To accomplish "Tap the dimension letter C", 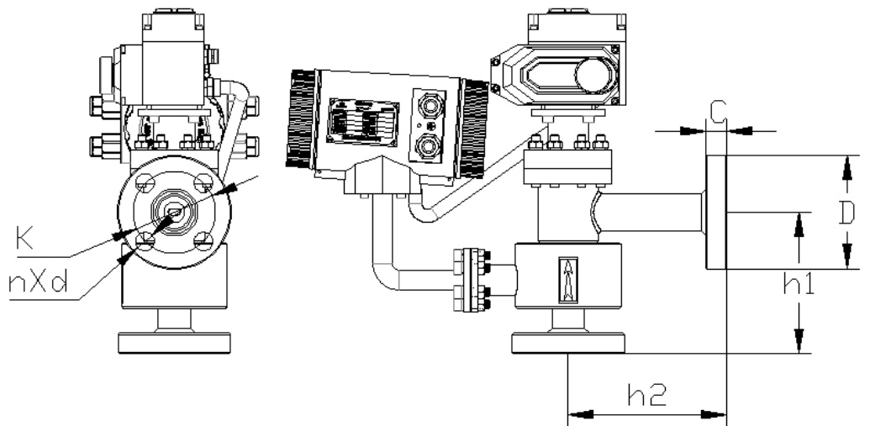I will (716, 110).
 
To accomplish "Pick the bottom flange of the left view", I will (174, 343).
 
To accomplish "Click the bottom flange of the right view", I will (569, 343).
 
